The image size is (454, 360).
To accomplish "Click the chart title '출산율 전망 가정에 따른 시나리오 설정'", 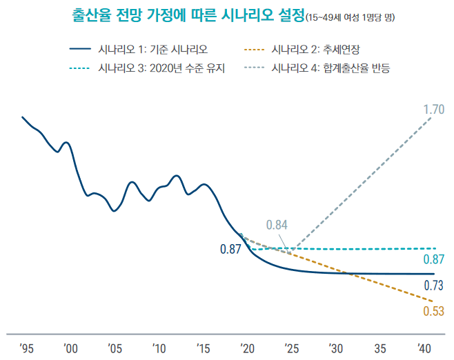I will [x=187, y=15].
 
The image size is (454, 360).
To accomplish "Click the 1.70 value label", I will [x=434, y=109].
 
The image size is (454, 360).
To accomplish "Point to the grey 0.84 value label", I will [x=277, y=225].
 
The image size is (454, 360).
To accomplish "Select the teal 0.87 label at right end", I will [x=433, y=260].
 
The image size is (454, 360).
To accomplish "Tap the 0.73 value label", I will [x=433, y=286].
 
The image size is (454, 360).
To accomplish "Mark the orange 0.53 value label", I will [x=433, y=311].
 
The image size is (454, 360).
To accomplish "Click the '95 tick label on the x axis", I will [x=26, y=347].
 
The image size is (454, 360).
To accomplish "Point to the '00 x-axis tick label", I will [x=70, y=347].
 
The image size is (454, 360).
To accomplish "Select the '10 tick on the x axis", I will [x=159, y=347].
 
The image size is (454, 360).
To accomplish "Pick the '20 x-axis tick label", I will [x=247, y=347].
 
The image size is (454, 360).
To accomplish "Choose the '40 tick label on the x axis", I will [x=424, y=347].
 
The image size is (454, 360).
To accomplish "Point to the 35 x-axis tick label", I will [x=380, y=347].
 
